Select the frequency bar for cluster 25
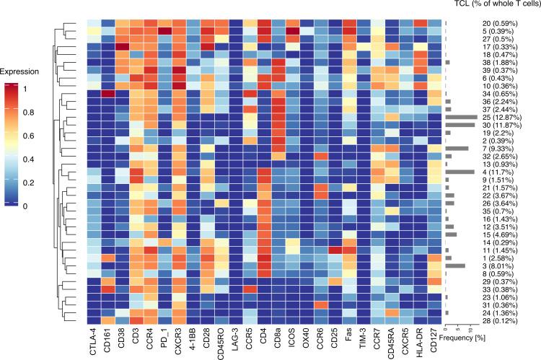[462, 116]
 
